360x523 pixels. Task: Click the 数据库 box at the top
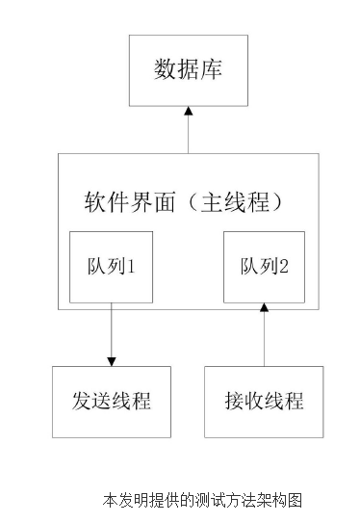[x=188, y=70]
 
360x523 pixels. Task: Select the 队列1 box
[x=111, y=267]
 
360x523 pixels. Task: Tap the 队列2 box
[x=264, y=267]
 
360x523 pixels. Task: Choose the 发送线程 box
[x=111, y=402]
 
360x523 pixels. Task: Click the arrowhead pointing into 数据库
[x=189, y=112]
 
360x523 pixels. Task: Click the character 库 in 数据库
[x=211, y=70]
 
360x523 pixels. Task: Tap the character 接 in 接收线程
[x=235, y=402]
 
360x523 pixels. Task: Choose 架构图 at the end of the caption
[x=285, y=501]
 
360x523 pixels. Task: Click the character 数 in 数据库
[x=165, y=70]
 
